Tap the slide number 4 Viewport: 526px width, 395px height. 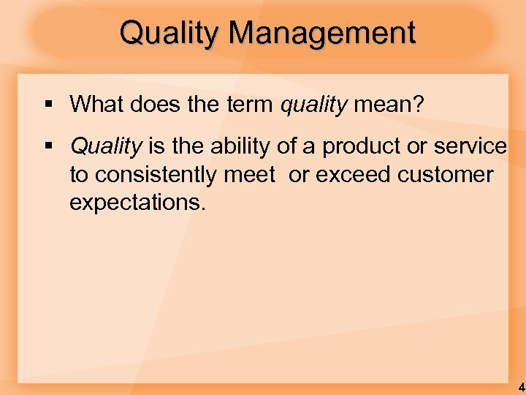coord(521,386)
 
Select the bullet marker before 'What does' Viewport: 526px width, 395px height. coord(47,105)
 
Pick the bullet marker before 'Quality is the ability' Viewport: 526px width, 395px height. coord(47,146)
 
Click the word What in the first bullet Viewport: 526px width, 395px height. coord(94,104)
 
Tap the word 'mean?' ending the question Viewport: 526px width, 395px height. coord(388,104)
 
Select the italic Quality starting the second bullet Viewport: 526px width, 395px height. coord(105,146)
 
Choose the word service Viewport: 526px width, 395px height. coord(470,146)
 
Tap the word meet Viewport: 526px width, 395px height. coord(251,174)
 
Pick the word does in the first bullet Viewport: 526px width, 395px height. coord(150,104)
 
